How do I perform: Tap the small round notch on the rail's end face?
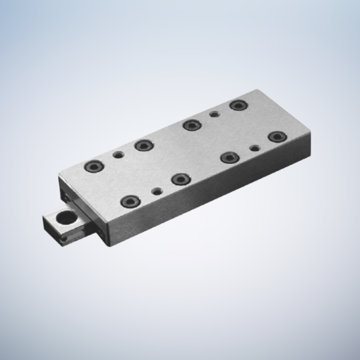point(63,241)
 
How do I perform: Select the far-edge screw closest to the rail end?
point(94,165)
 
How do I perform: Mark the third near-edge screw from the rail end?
point(229,157)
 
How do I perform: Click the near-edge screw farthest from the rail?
point(276,137)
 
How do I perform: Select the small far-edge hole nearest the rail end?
point(118,155)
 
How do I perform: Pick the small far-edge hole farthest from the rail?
point(214,114)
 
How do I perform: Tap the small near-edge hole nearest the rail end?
point(156,190)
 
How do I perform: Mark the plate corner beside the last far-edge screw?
point(257,92)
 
